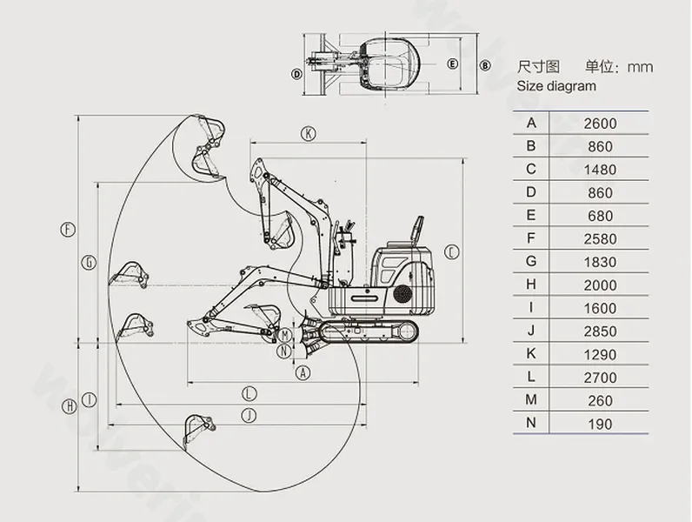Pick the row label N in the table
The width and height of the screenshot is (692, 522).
(x=531, y=424)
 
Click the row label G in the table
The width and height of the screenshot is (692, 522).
(x=531, y=262)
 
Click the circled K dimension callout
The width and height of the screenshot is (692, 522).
(x=308, y=133)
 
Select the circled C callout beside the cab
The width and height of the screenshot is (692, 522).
(x=450, y=252)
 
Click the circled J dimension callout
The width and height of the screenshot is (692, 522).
(x=249, y=414)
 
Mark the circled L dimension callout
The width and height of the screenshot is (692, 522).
(x=249, y=392)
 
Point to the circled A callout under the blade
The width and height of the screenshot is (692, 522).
(x=303, y=372)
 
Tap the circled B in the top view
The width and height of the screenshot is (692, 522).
(x=484, y=64)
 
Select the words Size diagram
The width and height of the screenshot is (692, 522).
(x=556, y=86)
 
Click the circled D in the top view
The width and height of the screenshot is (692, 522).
(x=296, y=74)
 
